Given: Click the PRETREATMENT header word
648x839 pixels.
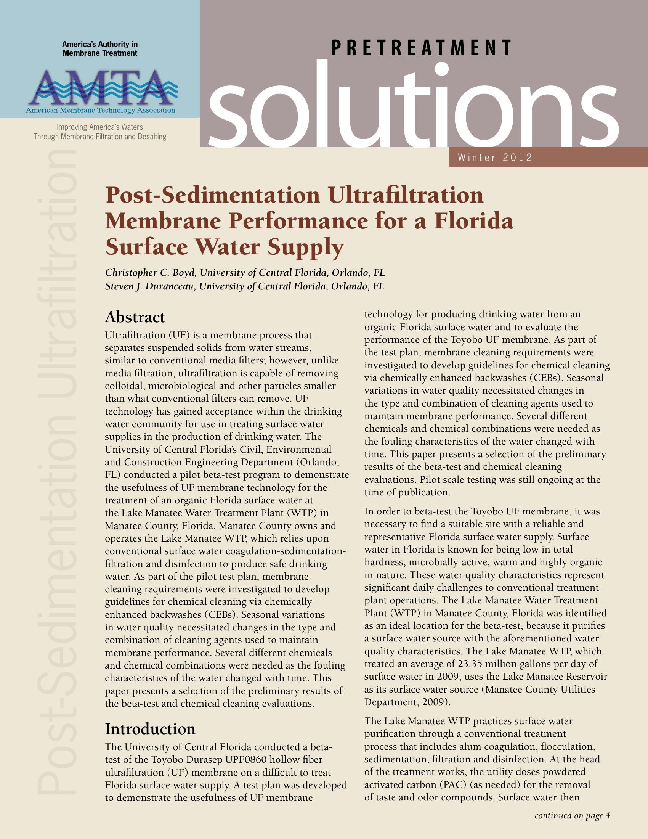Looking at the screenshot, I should [x=421, y=48].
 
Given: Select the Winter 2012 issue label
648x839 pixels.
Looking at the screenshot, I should [x=495, y=158].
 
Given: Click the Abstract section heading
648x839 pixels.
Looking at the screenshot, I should [x=135, y=317].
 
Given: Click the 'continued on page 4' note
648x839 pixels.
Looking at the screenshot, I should [x=572, y=816].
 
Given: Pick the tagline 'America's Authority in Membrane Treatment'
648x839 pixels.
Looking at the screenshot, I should [x=100, y=49].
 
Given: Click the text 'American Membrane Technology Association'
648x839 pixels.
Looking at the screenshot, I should [x=101, y=111].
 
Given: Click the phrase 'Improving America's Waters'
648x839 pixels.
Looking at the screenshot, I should [x=100, y=127].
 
